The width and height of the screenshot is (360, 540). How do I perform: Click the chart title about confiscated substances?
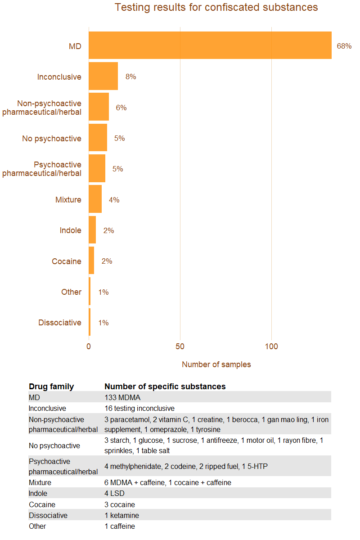pos(216,8)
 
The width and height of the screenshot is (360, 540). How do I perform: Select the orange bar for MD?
pos(210,45)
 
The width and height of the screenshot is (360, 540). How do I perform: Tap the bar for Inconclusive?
pos(103,76)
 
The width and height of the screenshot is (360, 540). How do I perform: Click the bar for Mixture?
pos(95,199)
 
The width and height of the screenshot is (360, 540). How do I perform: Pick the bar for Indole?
pos(92,230)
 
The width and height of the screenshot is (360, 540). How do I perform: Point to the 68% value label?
pos(344,46)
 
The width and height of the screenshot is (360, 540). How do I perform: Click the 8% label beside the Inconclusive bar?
pos(130,77)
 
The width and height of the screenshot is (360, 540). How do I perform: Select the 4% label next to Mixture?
pos(114,200)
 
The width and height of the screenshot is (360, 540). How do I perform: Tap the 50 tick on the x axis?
pos(180,346)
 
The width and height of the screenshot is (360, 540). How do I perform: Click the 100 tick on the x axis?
pos(271,346)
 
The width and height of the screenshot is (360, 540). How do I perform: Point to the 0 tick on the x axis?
pos(89,346)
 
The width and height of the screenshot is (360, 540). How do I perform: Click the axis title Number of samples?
pos(216,364)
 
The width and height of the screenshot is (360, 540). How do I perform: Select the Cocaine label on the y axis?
pos(66,261)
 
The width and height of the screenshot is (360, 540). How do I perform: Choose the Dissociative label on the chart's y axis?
pos(59,323)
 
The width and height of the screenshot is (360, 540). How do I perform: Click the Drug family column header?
pos(51,387)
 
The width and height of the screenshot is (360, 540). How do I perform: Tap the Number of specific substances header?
pos(165,387)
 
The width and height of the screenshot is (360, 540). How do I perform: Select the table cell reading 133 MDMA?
pos(122,397)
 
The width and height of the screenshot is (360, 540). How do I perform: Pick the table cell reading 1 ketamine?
pos(121,515)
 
